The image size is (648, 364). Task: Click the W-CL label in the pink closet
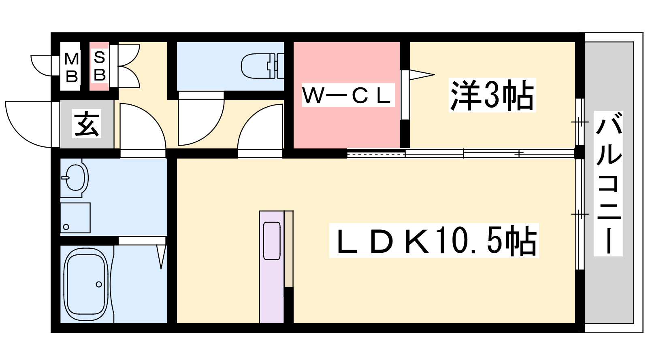(348, 95)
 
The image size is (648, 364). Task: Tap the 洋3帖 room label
(492, 95)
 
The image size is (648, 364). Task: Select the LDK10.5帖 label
(434, 241)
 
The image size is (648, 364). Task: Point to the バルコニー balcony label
(608, 184)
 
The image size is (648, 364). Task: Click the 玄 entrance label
(87, 124)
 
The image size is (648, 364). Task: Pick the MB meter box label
(71, 67)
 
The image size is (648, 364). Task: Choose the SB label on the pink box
(99, 66)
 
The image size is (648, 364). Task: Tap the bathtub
(86, 285)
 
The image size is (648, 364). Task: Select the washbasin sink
(75, 177)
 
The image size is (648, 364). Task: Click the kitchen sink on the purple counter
(272, 241)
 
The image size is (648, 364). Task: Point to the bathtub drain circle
(99, 284)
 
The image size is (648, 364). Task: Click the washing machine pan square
(75, 218)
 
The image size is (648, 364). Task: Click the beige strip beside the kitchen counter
(288, 249)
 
